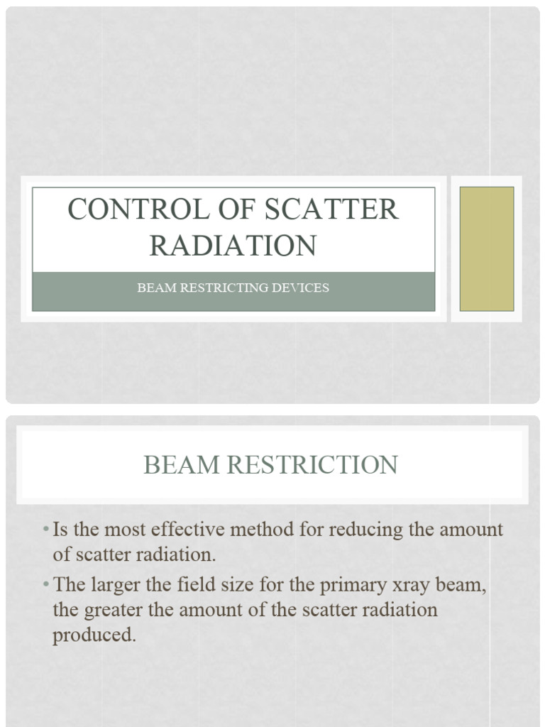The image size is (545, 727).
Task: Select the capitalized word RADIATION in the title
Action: coord(233,246)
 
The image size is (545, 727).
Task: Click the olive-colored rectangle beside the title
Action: coord(487,248)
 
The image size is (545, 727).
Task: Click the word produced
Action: coord(94,634)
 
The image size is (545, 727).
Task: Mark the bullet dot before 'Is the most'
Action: coord(45,530)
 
